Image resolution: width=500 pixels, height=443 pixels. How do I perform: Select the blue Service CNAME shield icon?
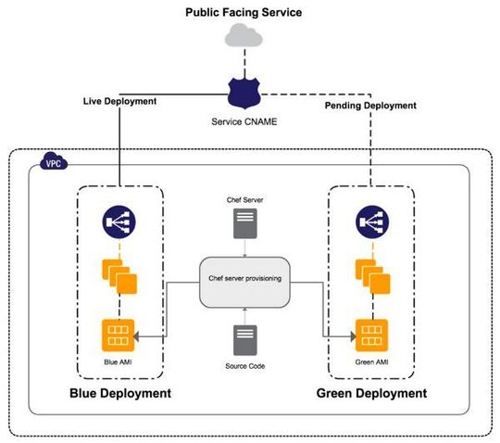click(x=244, y=92)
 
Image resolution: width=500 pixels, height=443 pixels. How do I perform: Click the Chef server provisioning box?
click(x=244, y=279)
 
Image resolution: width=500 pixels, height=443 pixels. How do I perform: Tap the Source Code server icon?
click(x=244, y=339)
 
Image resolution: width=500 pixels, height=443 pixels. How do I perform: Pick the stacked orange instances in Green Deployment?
click(x=370, y=275)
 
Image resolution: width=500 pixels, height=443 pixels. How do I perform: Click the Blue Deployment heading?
click(x=120, y=393)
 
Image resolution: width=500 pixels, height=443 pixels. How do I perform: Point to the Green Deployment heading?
click(x=371, y=393)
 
